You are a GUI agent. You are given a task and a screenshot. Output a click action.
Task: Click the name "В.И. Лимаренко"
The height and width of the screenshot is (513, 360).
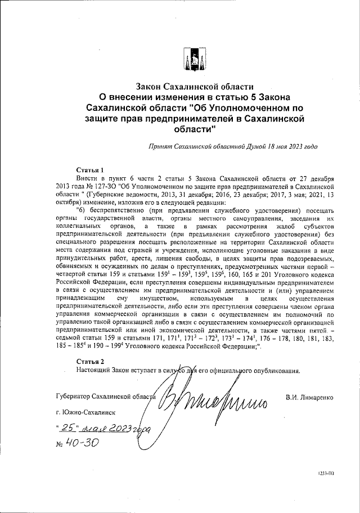pos(309,397)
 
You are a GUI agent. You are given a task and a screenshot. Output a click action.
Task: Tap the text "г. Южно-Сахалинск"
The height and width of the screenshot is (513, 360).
pos(83,412)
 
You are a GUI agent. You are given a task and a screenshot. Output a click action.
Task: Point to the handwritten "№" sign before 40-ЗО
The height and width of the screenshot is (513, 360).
pos(61,443)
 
